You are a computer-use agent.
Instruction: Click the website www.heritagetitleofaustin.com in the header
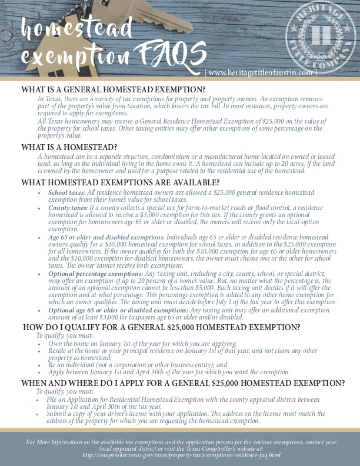pyautogui.click(x=261, y=72)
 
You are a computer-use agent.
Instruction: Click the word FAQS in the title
pyautogui.click(x=166, y=58)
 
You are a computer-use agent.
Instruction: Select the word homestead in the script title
pyautogui.click(x=76, y=27)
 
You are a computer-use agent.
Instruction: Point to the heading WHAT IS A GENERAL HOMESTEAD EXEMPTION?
pyautogui.click(x=114, y=89)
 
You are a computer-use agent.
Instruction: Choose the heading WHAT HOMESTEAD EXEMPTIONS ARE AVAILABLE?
pyautogui.click(x=121, y=182)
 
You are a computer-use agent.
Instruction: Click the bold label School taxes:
pyautogui.click(x=66, y=192)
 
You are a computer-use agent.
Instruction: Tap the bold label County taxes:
pyautogui.click(x=67, y=208)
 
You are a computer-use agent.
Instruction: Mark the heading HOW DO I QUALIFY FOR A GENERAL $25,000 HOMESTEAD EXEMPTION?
pyautogui.click(x=161, y=327)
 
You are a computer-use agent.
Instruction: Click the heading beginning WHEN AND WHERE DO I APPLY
pyautogui.click(x=183, y=383)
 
